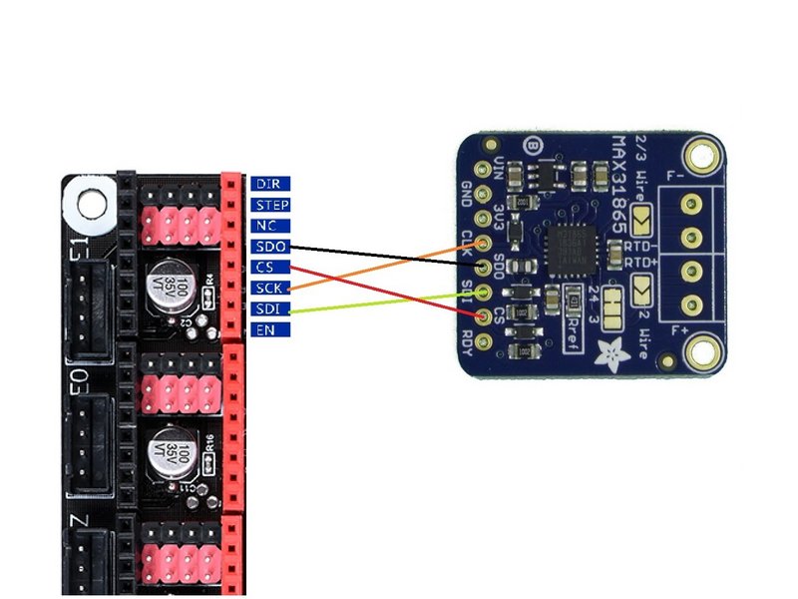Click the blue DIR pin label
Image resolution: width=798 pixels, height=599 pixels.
click(x=269, y=184)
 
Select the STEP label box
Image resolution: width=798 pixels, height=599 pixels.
click(x=269, y=205)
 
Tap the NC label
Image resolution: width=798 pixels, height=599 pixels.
click(x=269, y=226)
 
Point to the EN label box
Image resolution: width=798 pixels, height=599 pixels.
click(x=269, y=329)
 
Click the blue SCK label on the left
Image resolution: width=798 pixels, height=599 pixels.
click(x=269, y=289)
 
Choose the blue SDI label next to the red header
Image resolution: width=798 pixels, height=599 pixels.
click(x=269, y=308)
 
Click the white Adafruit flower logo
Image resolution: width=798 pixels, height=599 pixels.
click(x=605, y=350)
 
